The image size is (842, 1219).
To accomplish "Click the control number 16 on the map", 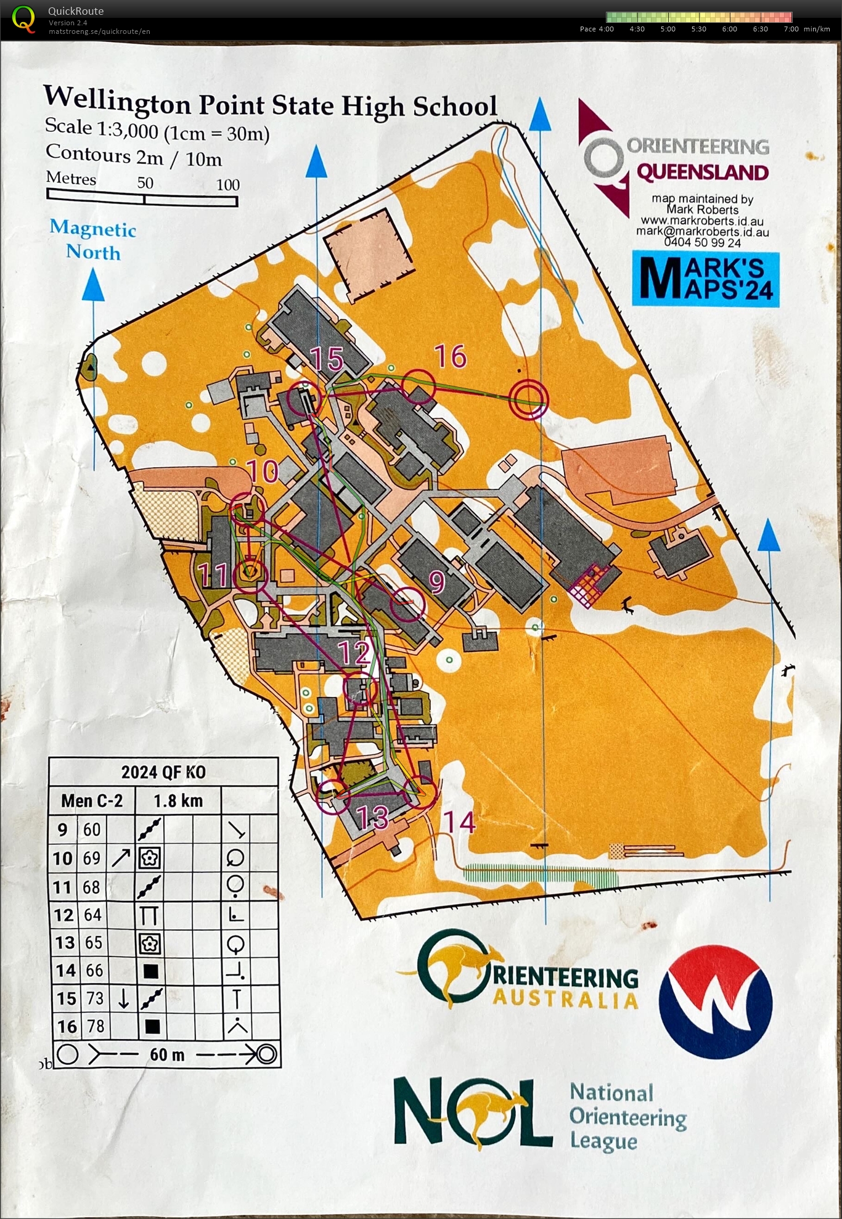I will tap(450, 356).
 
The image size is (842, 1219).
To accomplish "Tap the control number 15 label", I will tap(326, 359).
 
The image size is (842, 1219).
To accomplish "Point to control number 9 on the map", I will tap(437, 582).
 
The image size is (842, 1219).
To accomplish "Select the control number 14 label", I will tap(460, 823).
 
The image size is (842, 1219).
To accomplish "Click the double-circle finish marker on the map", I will tap(528, 399).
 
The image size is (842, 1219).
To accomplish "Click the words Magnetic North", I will tap(93, 240).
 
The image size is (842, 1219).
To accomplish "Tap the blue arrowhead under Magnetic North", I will tap(94, 287).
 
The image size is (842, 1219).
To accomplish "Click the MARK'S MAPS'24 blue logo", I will tap(706, 279).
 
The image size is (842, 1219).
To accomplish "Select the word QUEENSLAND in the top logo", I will tap(702, 173).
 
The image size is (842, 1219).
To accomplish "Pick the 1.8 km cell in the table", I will tap(178, 801).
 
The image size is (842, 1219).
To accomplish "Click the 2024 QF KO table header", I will tap(163, 772).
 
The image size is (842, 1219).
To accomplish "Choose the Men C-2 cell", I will tap(92, 801).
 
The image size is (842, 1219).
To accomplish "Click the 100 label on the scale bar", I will tap(227, 184).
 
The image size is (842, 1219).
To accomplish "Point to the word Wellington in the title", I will tap(116, 100).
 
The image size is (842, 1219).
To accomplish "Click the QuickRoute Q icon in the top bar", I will tap(23, 18).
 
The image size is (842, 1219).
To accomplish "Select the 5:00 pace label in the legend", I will tap(668, 29).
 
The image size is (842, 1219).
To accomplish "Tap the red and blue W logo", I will tap(715, 1002).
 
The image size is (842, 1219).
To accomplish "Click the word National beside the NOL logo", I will tap(611, 1093).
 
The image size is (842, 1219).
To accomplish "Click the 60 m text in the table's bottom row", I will tap(167, 1054).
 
